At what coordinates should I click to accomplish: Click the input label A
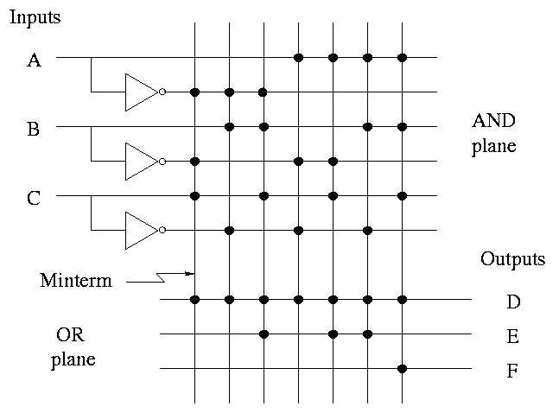pos(34,60)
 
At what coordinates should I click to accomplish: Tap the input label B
pos(34,130)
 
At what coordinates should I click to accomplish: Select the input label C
pos(34,199)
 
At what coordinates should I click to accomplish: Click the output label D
pos(514,302)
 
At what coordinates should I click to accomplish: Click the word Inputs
pos(35,17)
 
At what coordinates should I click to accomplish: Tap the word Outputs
pos(513,259)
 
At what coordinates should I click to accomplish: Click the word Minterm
pos(76,281)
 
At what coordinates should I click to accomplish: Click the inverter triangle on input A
pos(141,92)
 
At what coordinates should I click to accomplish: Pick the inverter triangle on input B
pos(141,161)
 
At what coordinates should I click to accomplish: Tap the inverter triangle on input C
pos(141,230)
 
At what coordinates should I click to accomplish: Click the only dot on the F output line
pos(402,369)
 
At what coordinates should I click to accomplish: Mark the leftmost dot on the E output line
pos(264,334)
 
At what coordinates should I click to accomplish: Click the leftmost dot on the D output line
pos(194,300)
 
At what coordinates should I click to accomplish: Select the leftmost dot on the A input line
pos(298,58)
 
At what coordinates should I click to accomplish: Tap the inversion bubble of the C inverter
pos(162,230)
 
